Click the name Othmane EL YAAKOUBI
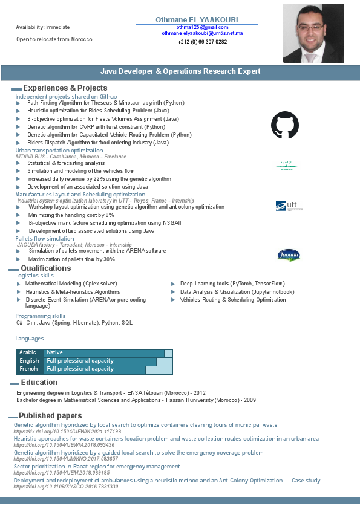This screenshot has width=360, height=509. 197,19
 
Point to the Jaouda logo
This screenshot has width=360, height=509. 288,254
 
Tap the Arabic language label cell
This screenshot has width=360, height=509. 29,352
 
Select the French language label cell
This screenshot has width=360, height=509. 29,369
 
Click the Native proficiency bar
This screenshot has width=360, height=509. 104,352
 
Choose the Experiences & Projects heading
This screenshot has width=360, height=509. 65,88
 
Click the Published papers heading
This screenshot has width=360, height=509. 50,415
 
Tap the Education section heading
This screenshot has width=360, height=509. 39,382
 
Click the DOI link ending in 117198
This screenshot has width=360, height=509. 67,432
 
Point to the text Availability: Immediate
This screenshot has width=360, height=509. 42,27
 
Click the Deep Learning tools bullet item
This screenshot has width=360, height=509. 232,284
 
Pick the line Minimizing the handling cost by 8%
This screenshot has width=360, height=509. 71,215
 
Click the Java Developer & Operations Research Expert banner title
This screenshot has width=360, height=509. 180,71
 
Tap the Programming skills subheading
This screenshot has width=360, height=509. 41,316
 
